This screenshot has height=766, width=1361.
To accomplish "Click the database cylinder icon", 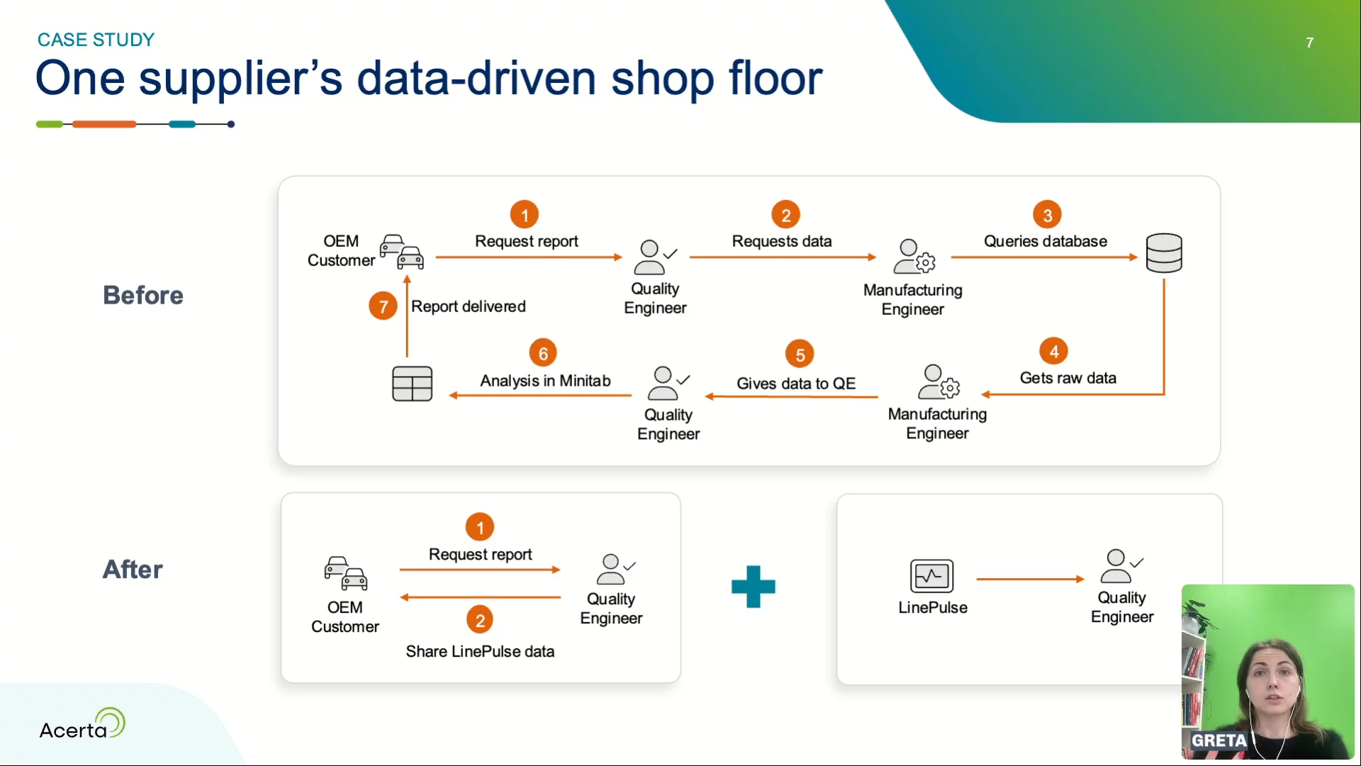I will point(1163,253).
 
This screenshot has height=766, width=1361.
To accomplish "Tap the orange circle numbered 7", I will point(383,306).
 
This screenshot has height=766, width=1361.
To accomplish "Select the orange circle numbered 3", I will point(1047,215).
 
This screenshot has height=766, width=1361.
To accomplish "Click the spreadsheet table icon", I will point(412,384).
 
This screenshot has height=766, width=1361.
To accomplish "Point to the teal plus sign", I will point(753,587).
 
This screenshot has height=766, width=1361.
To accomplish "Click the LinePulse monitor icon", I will point(931,576).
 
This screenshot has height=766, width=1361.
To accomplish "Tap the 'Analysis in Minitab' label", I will point(545,381).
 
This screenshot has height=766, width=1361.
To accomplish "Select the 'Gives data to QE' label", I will point(795,384).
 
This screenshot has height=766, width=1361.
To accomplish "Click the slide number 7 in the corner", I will point(1309,43).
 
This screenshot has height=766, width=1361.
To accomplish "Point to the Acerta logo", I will point(82,725).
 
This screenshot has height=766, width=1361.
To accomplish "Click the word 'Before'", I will point(143,295).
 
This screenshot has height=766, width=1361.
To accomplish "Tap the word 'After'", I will point(133,570).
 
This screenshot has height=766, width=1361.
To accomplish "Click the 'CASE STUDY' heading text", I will point(96,40).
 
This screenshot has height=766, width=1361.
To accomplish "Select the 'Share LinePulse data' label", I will point(480,651).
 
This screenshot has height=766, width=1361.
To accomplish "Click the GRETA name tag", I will point(1219,740).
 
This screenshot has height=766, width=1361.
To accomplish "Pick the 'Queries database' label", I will point(1045,241).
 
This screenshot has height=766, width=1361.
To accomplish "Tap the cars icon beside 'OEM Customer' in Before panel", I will point(401,252).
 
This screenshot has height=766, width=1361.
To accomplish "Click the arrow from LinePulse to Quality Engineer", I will point(1030,579).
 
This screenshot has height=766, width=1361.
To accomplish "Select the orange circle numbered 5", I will point(800,355).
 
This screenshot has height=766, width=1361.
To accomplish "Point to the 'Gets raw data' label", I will point(1068,378).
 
